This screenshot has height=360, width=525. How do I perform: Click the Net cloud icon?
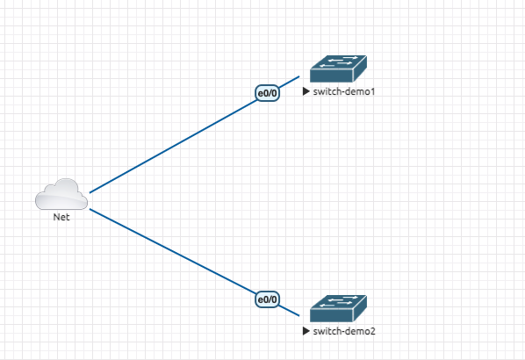pos(61,194)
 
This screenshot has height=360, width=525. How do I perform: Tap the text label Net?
pos(61,217)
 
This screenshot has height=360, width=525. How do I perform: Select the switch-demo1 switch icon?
pos(338,68)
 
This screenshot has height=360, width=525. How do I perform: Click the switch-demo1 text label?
pos(344,91)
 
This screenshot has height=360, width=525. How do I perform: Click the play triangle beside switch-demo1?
pos(306,91)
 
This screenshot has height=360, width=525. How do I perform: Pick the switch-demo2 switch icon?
pos(338,308)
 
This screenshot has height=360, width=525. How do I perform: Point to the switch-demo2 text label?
pos(344,331)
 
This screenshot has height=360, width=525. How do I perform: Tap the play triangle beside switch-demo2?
pos(306,331)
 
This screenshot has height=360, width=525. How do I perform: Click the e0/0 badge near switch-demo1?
pos(267,93)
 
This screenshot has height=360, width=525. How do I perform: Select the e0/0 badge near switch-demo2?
pos(267,299)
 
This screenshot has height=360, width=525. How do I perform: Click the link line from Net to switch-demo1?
pos(195,134)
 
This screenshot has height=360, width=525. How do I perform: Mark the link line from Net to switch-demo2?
pos(195,263)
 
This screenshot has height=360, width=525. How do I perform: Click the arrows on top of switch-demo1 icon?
pos(339,61)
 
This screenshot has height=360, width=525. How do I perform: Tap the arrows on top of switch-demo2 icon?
pos(339,301)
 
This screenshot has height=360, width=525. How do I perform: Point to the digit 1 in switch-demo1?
pos(372,91)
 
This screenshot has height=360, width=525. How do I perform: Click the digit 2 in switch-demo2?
pos(372,331)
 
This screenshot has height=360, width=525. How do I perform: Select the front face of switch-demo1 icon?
pos(332,76)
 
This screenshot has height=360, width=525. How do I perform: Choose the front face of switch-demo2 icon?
pos(332,315)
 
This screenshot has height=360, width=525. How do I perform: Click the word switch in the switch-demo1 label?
pos(324,91)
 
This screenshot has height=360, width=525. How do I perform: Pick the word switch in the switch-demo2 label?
pos(324,331)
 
